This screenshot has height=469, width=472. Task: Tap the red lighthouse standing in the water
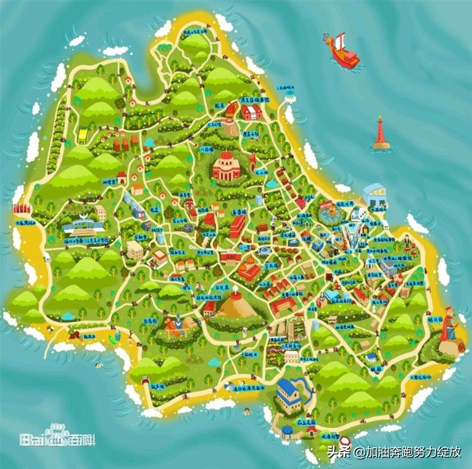point(381,133)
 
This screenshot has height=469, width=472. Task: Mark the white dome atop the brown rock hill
point(236,294)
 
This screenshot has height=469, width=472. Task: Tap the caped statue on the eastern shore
point(450,327)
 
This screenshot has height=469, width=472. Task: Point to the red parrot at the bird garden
point(171,325)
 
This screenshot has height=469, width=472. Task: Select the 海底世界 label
point(344,203)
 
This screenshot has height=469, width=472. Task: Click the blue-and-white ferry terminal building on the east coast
point(375,194)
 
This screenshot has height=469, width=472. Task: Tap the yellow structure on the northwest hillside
point(83,134)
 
